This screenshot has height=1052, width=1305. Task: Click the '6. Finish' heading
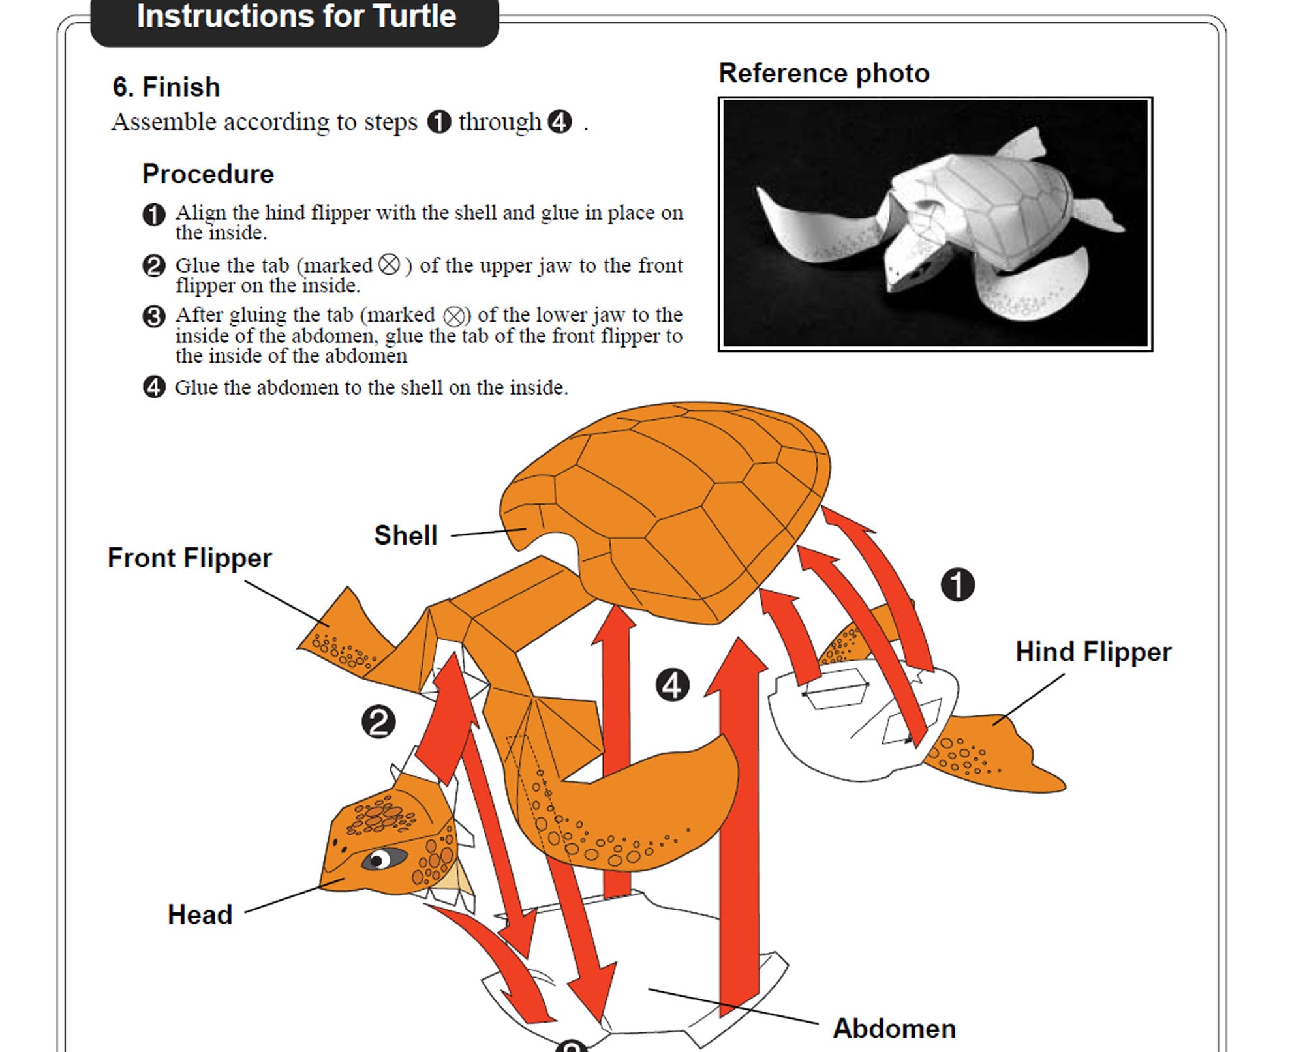pos(166,87)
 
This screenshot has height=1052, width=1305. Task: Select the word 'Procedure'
pos(208,174)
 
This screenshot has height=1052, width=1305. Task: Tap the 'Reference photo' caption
pos(823,73)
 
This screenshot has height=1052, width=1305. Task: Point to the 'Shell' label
pos(405,535)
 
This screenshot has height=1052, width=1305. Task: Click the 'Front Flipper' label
pos(189,558)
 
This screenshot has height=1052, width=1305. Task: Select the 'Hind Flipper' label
pos(1093,652)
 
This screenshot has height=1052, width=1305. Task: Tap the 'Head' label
pos(200,915)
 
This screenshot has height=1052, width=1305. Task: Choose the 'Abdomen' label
pos(894,1029)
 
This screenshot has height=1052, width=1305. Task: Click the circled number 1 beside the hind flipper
pos(957,584)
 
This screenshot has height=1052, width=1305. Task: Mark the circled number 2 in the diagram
pos(378,722)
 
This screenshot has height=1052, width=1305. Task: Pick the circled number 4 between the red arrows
pos(672,685)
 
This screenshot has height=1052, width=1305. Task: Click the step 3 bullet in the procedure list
pos(154,316)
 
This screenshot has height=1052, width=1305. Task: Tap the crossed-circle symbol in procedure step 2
pos(389,265)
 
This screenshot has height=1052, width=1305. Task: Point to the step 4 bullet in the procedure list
pos(154,387)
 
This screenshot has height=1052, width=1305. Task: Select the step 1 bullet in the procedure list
pos(154,215)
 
